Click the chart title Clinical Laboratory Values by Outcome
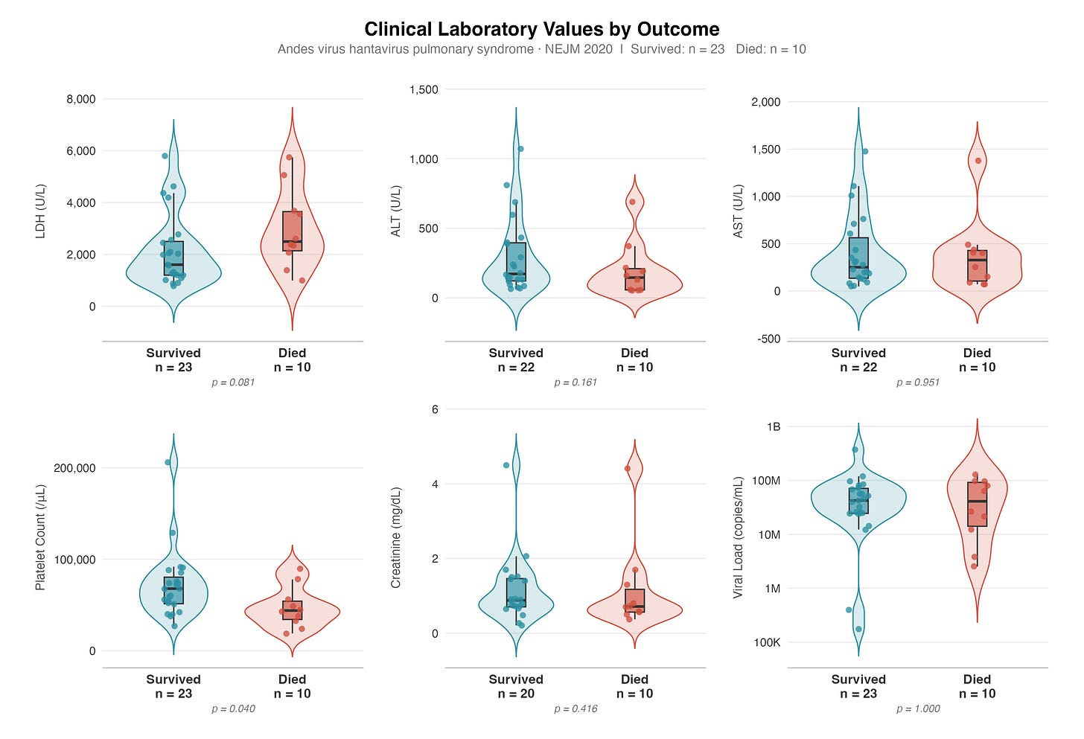point(541,29)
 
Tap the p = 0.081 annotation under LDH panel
point(233,383)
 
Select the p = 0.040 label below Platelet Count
point(233,709)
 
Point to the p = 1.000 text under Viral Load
point(917,709)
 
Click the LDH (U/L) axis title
point(40,211)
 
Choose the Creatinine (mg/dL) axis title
point(395,538)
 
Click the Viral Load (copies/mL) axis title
point(738,538)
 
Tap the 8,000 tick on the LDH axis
point(81,99)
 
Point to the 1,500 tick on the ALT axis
point(424,89)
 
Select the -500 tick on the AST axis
point(769,339)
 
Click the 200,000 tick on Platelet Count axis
point(74,468)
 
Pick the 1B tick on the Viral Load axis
point(774,426)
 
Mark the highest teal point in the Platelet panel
point(168,462)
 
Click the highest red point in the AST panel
point(978,161)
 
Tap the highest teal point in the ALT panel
point(520,149)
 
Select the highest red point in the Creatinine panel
point(627,468)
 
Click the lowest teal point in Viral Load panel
point(858,629)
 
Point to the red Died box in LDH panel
point(293,231)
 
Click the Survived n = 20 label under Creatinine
point(516,686)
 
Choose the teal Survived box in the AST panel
point(858,257)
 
